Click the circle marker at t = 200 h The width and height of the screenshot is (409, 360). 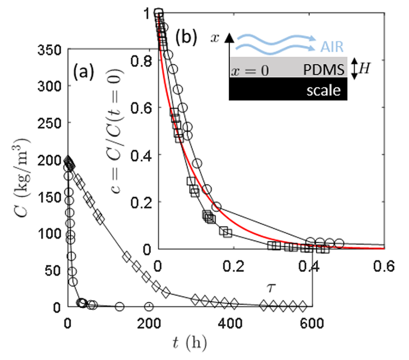coord(149,306)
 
